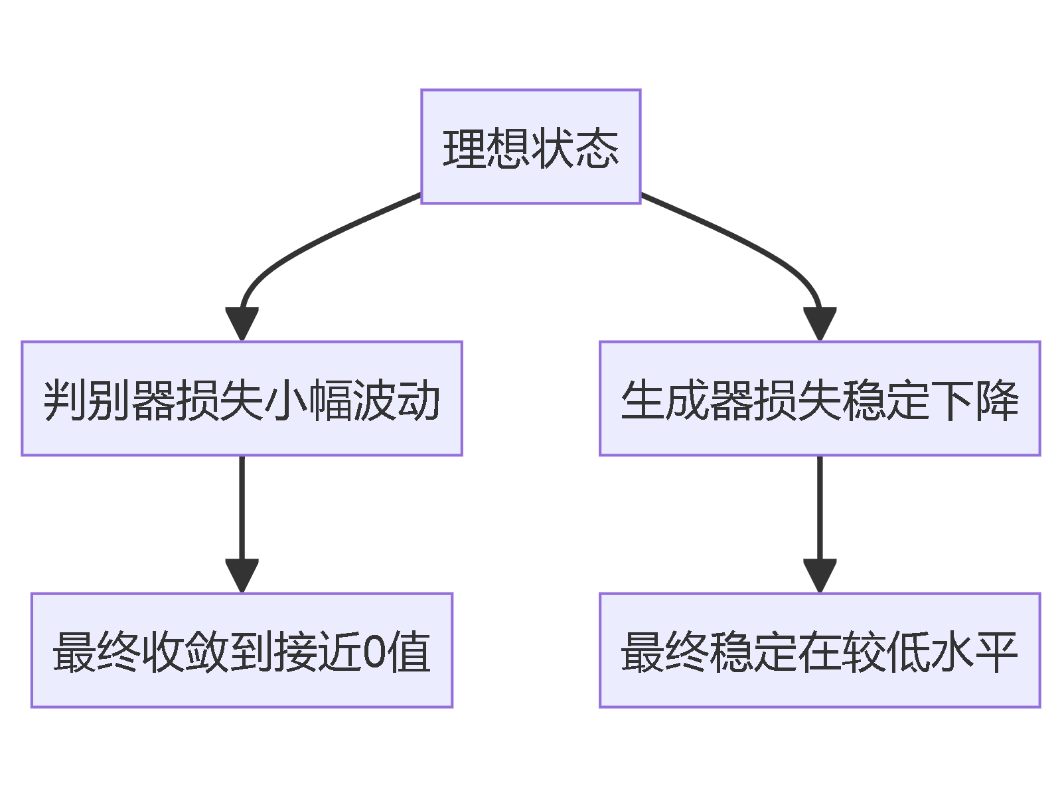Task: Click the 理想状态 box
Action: click(x=530, y=146)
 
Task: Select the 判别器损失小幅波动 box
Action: click(x=242, y=398)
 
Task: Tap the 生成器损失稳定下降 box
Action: click(x=820, y=398)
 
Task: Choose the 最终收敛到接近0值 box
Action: click(x=242, y=650)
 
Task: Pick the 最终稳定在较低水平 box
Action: click(x=820, y=650)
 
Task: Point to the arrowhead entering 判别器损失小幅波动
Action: click(x=242, y=323)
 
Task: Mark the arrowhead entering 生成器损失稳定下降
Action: click(x=820, y=323)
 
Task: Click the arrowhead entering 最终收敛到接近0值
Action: click(x=242, y=575)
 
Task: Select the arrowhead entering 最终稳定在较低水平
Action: click(x=820, y=575)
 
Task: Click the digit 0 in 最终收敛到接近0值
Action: click(x=374, y=652)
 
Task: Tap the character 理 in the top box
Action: click(x=465, y=147)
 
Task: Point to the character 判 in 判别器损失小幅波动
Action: click(x=64, y=400)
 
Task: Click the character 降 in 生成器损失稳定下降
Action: click(x=997, y=400)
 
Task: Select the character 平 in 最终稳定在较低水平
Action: click(x=997, y=652)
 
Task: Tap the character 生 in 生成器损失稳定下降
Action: click(x=643, y=400)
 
